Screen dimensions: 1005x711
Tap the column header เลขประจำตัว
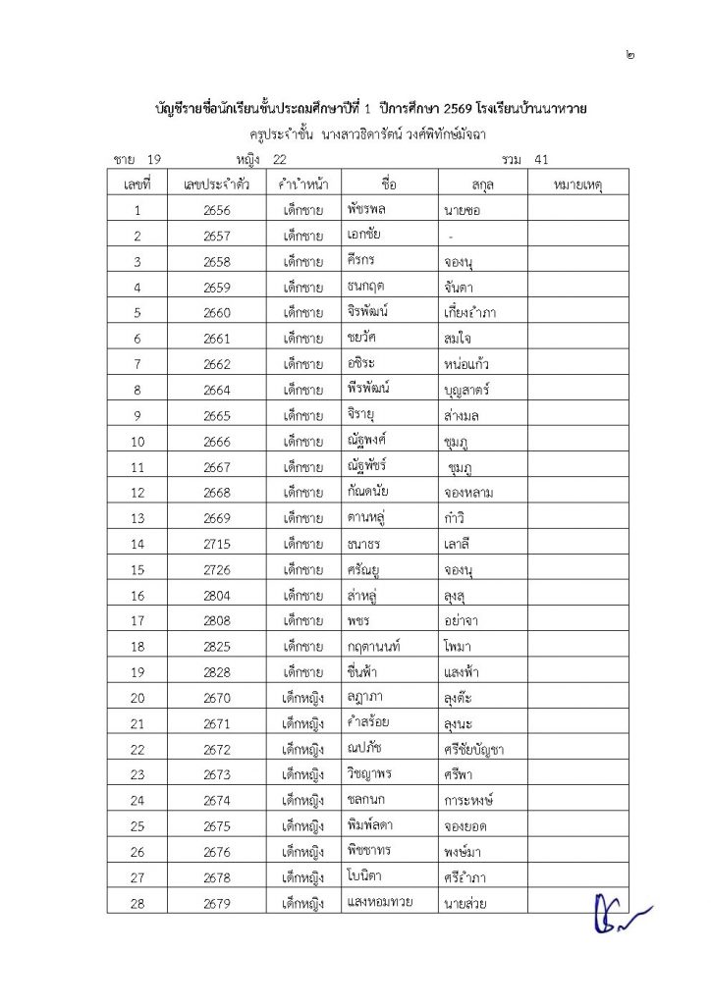[217, 184]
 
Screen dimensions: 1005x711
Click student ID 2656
[217, 210]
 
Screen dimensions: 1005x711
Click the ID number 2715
[217, 544]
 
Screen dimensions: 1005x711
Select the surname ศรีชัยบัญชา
[474, 750]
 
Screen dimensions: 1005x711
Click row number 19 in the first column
[137, 672]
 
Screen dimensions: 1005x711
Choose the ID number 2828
[217, 672]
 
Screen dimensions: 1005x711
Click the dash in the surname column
[451, 237]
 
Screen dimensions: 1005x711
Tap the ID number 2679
[217, 903]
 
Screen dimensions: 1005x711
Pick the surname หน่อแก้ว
[466, 364]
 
